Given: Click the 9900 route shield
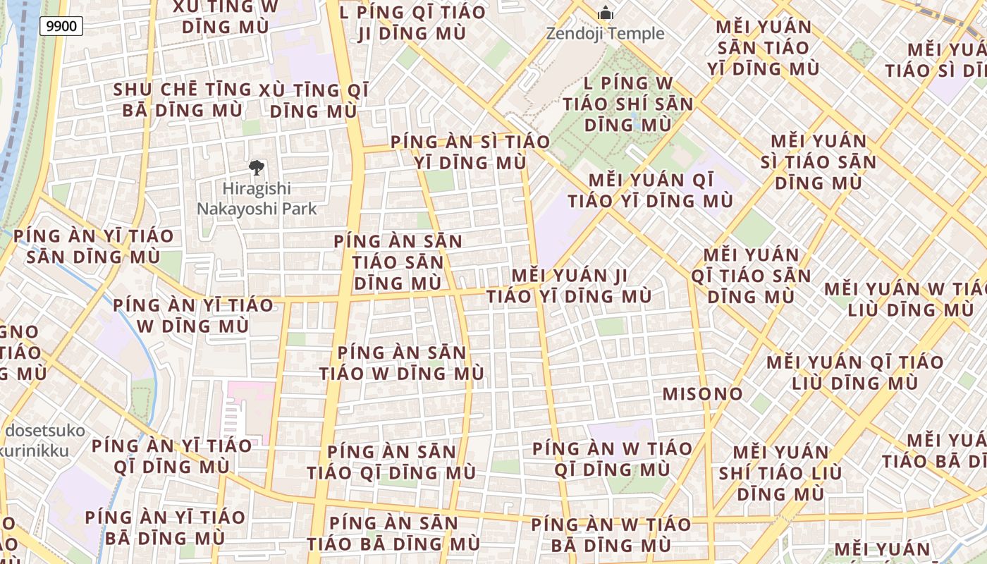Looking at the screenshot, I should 61,27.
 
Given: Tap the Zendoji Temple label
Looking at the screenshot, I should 606,33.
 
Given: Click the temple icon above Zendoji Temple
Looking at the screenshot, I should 606,13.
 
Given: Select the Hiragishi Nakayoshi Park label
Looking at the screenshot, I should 257,199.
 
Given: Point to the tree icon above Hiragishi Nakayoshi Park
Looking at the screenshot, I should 257,168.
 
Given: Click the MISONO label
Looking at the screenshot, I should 702,394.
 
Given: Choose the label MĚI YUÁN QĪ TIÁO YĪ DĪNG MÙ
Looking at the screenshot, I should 650,190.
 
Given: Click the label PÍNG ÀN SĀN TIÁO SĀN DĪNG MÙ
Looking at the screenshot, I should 398,262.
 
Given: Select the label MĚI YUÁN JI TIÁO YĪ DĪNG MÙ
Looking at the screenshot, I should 569,286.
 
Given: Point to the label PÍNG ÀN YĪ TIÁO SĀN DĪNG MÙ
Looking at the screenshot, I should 93,246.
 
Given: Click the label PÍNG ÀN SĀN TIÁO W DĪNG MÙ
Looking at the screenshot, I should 402,363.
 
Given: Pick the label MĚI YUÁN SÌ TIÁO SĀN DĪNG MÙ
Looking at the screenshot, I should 818,162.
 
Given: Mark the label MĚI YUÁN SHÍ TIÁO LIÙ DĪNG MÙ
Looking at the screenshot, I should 780,472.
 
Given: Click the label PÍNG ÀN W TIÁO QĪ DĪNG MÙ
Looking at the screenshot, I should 612,459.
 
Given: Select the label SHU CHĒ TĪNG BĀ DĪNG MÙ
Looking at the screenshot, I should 182,100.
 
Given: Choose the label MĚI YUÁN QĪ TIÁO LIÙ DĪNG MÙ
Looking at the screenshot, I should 854,373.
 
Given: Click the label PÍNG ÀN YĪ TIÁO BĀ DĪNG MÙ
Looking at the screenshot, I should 165,527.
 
